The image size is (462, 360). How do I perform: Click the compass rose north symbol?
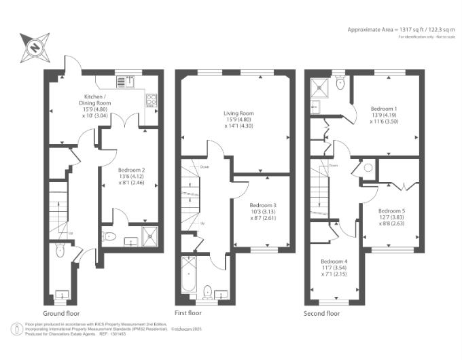34,47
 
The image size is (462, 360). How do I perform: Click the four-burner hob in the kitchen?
152,101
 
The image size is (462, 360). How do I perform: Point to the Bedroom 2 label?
131,175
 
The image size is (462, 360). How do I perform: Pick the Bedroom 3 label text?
262,210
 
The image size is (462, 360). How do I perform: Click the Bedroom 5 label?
391,216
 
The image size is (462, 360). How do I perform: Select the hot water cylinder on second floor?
368,168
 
